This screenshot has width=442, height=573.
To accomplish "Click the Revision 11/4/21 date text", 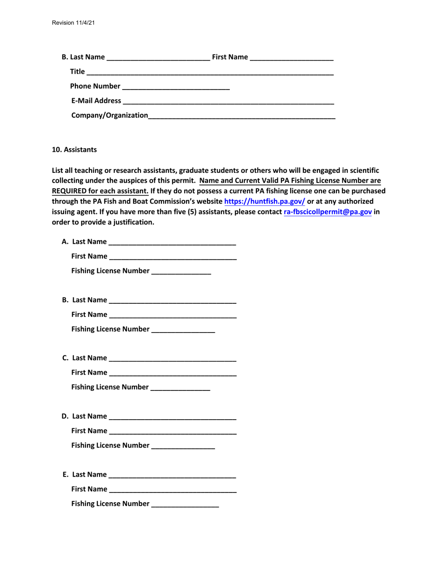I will click(73, 22).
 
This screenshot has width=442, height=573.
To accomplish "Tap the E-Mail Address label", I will click(96, 101).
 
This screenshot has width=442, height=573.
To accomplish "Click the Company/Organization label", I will click(110, 115).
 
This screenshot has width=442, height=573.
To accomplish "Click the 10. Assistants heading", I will click(74, 150).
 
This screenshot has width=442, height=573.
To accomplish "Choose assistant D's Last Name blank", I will click(172, 416).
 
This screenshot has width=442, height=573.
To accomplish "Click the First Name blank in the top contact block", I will click(291, 59).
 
